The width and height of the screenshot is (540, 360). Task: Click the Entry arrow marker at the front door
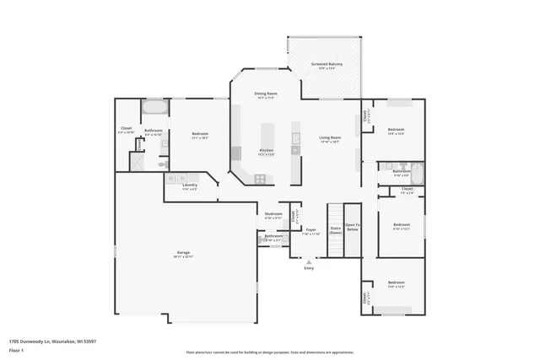point(308,262)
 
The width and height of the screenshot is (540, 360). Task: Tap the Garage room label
point(183,253)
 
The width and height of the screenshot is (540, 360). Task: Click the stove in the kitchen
point(261,178)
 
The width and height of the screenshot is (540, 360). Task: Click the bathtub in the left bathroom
point(154,107)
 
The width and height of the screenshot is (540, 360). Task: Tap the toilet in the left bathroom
point(163,164)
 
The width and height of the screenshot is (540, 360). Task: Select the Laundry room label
point(190,186)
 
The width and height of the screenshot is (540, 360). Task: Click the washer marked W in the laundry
point(171,178)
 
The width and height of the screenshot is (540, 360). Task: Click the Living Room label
point(329,137)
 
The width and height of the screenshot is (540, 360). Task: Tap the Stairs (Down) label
point(335,229)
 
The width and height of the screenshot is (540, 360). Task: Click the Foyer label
point(310,230)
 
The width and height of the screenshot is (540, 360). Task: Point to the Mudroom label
point(273,215)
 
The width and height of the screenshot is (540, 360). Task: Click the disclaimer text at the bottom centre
point(270,352)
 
